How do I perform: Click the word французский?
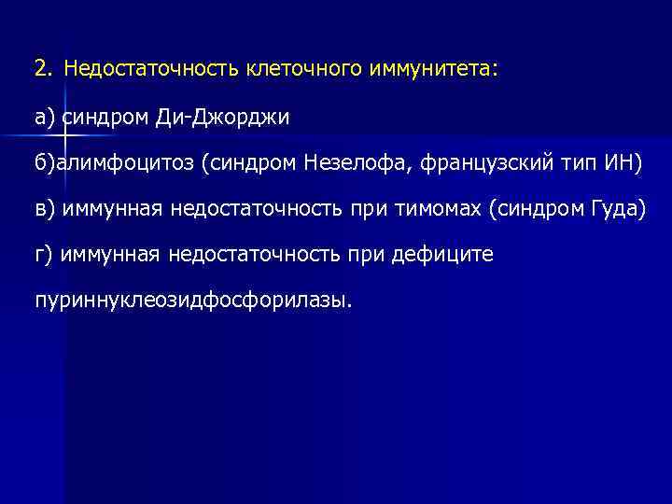[x=497, y=164]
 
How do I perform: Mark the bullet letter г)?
[x=45, y=255]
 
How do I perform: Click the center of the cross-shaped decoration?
[x=63, y=137]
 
